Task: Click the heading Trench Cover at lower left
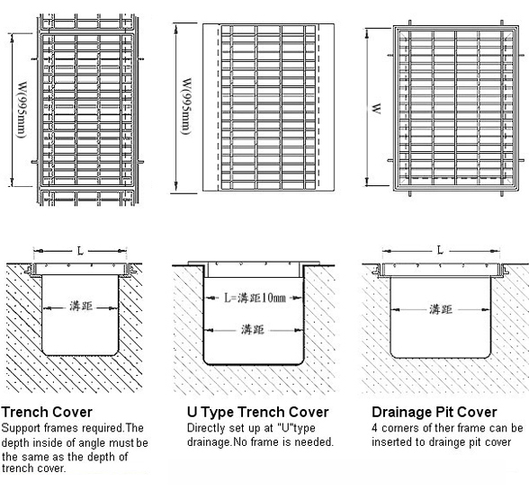47,412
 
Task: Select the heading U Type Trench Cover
257,412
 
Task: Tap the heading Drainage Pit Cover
435,412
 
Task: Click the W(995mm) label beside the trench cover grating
22,110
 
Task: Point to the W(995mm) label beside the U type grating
186,107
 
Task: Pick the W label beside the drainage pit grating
376,109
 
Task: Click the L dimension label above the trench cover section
80,251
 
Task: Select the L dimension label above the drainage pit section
440,250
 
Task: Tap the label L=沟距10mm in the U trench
256,298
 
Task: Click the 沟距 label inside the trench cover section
81,307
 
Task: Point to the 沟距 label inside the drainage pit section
441,309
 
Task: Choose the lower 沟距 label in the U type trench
253,329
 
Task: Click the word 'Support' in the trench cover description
21,428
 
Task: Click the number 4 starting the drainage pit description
374,428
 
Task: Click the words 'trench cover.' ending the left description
34,468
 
